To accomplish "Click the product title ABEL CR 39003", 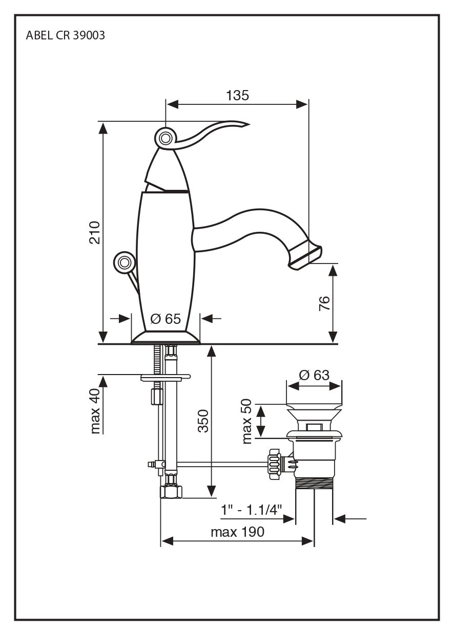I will point(65,36).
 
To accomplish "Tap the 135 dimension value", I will point(237,95).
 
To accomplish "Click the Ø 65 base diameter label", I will point(166,319).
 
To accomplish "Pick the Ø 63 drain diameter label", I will point(314,375).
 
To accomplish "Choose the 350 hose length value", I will point(203,421).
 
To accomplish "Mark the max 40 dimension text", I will point(95,411).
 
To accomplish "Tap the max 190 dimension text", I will point(237,532).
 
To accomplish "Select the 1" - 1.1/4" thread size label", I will point(252,510).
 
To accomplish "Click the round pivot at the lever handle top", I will point(166,138).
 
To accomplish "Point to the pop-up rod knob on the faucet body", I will point(123,262).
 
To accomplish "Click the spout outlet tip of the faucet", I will point(306,254).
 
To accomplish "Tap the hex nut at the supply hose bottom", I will point(171,492).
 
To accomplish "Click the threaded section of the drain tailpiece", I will point(314,484).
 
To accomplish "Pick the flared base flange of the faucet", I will point(166,337).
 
